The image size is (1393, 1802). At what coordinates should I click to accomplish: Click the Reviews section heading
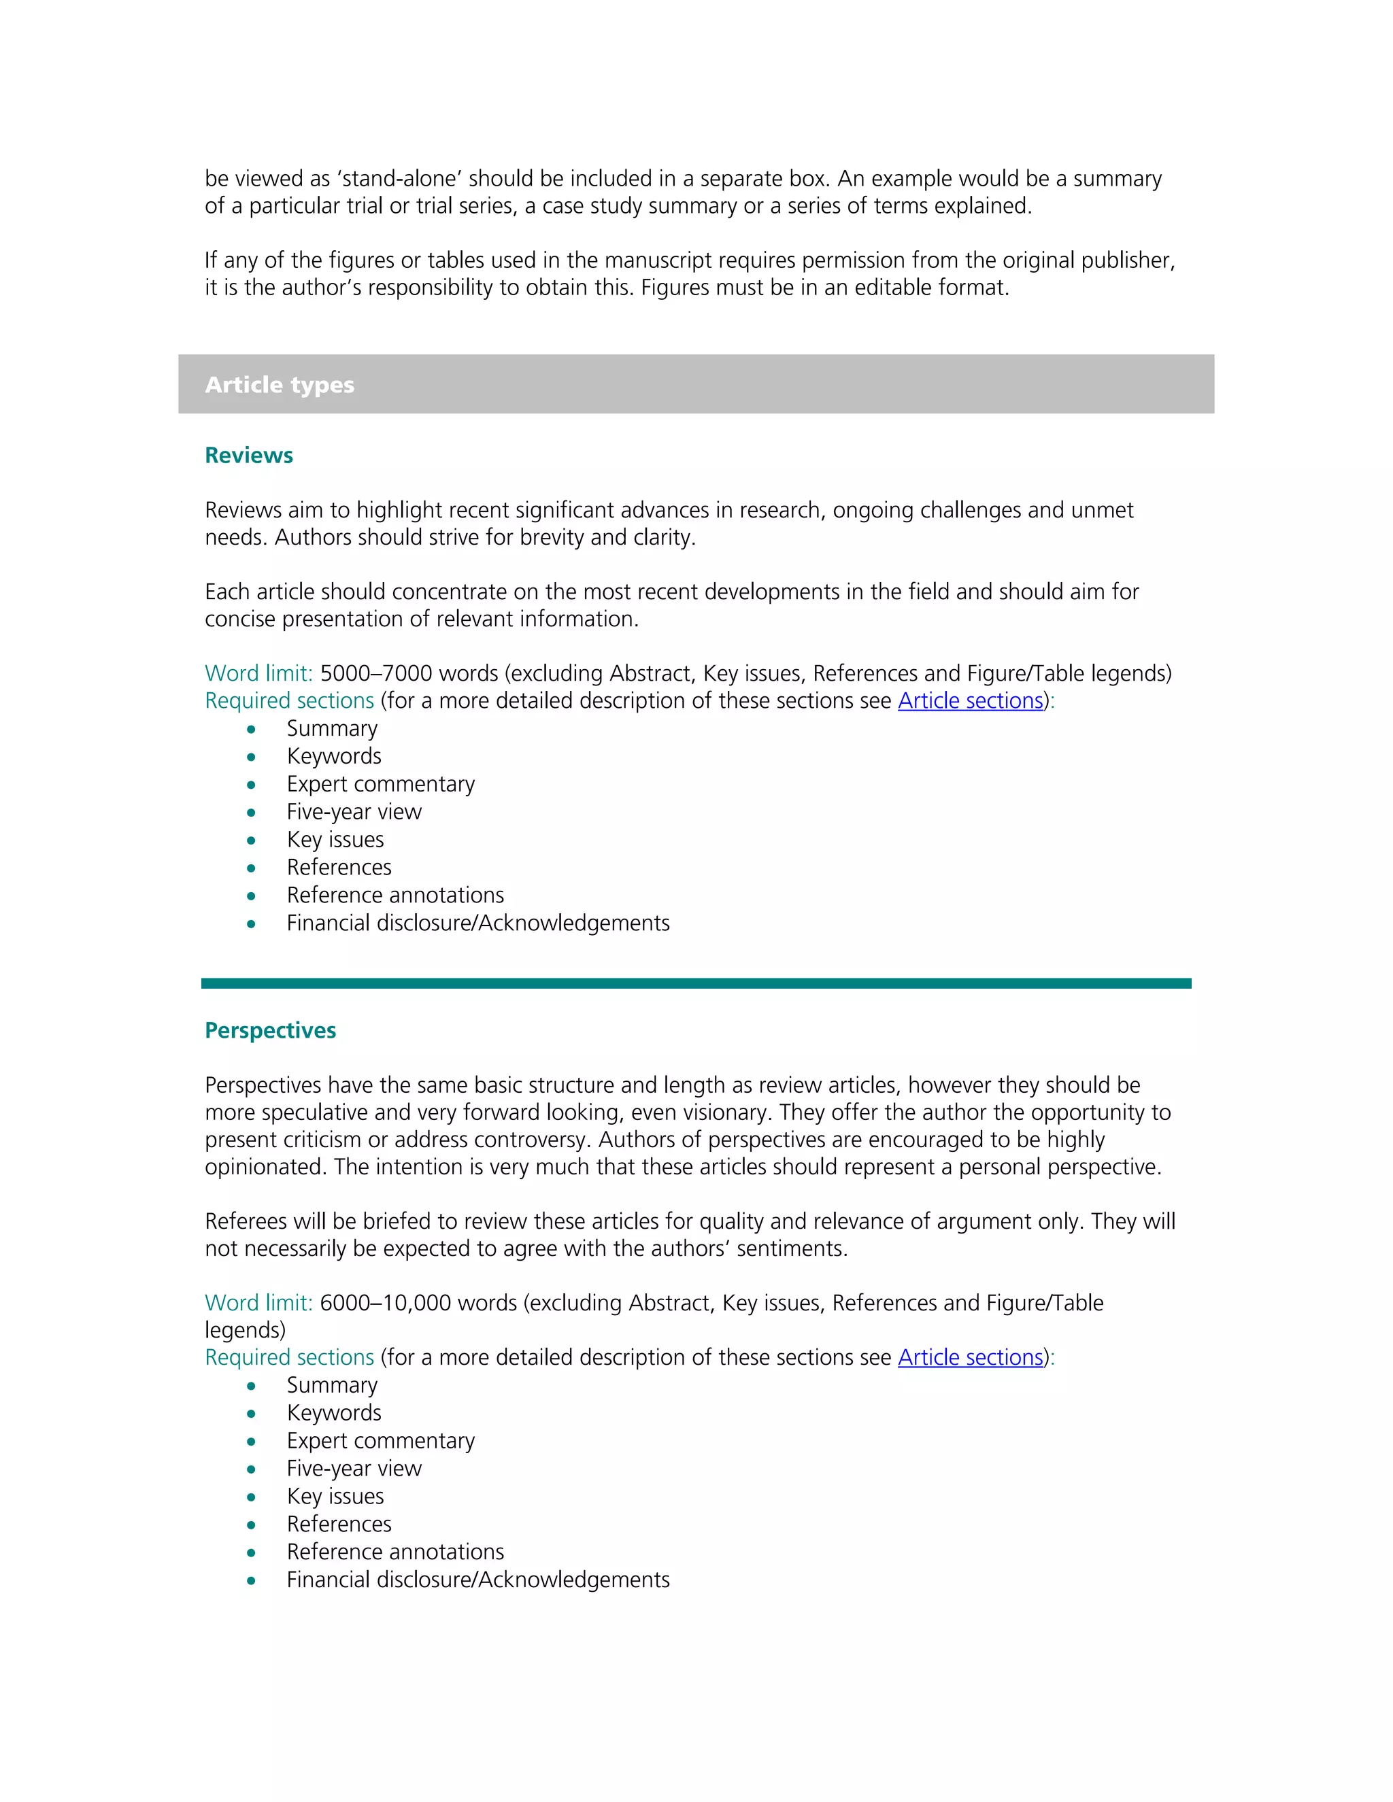248,456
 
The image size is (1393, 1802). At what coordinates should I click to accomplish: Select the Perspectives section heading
270,1030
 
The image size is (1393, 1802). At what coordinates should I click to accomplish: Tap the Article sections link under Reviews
970,700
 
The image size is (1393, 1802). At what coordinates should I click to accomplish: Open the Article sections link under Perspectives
970,1357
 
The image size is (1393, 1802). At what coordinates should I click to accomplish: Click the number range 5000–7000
375,673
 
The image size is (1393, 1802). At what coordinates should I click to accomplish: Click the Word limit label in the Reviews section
258,673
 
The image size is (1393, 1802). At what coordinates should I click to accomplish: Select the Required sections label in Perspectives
289,1357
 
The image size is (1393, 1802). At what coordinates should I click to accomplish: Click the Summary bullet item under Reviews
332,728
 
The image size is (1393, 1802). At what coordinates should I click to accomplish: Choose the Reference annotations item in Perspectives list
395,1552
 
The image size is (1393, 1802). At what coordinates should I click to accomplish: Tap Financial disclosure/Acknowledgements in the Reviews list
477,923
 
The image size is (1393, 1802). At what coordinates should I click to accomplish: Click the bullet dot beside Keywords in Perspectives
251,1414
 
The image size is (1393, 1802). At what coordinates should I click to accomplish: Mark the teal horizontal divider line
696,983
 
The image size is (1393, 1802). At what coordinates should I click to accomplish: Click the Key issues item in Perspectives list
335,1496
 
